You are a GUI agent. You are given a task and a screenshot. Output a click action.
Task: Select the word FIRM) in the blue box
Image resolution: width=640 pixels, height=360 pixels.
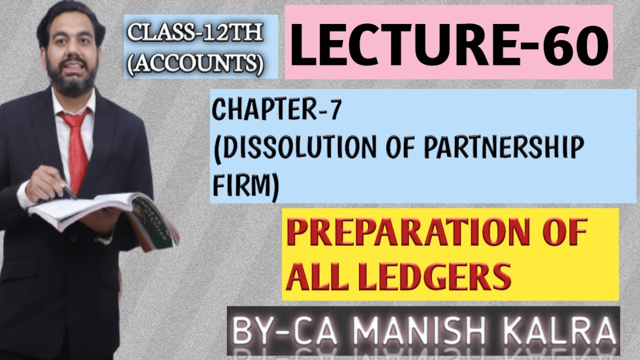245,186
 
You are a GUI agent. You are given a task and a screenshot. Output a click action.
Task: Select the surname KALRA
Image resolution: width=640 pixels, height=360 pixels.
563,331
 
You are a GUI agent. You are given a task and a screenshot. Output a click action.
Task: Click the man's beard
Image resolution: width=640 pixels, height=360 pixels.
70,82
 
